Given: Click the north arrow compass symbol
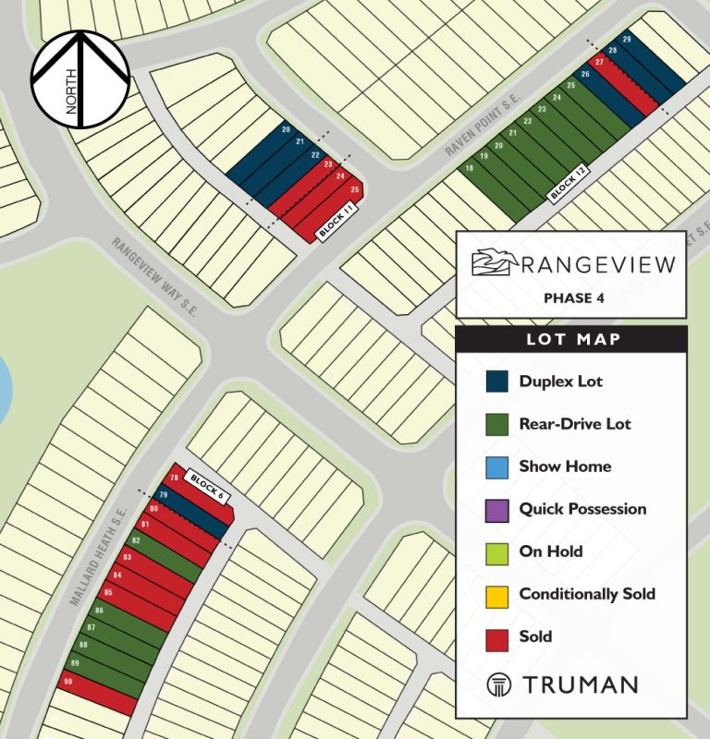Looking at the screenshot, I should [x=80, y=79].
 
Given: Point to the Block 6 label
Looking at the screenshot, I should [x=206, y=485].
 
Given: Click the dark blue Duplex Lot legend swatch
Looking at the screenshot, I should [x=496, y=382].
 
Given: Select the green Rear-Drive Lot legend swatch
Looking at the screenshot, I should [x=496, y=424].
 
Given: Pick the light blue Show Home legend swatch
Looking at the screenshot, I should [x=496, y=466].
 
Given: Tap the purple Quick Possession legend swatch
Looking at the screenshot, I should [x=496, y=509].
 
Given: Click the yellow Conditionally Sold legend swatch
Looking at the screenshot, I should [x=496, y=594].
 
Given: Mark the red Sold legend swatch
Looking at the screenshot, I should [x=496, y=636].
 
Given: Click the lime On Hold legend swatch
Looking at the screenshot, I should [x=496, y=551].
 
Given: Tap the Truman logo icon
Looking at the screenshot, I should [x=498, y=684].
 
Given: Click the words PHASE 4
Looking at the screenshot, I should [x=570, y=297].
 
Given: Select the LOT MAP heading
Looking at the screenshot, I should [x=573, y=339].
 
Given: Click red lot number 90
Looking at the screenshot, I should [x=67, y=682].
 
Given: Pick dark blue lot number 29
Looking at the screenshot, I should [x=627, y=40].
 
